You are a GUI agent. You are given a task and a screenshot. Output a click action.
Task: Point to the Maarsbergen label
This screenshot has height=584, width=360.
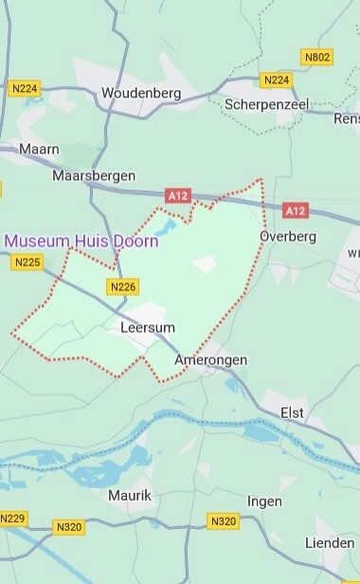[x=94, y=175]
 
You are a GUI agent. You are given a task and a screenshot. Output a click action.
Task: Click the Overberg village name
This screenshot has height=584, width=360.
[x=287, y=236]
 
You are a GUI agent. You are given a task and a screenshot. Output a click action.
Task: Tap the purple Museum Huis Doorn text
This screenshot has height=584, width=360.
[x=81, y=241]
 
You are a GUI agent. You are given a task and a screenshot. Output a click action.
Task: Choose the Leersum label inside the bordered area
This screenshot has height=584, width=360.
[x=149, y=328]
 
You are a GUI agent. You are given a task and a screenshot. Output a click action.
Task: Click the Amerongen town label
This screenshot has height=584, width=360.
[x=211, y=360]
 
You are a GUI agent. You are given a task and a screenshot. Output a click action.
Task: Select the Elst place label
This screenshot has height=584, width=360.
[x=294, y=411]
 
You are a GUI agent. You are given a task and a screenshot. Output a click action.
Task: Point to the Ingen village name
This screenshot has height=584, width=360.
[x=264, y=500]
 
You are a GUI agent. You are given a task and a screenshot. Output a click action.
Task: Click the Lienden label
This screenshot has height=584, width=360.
[x=329, y=541]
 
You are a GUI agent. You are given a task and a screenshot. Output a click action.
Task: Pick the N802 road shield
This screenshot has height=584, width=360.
[x=317, y=58]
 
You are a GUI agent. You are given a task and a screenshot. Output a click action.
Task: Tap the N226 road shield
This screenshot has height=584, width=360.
[x=124, y=286]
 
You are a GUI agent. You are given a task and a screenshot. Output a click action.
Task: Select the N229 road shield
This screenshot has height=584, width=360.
[x=13, y=519]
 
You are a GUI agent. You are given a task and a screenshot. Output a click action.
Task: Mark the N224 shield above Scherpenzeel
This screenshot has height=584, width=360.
[x=277, y=80]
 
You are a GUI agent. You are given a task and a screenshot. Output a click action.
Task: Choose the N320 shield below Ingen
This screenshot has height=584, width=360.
[x=224, y=521]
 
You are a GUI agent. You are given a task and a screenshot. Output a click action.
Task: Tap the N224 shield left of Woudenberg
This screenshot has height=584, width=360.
[x=24, y=88]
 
